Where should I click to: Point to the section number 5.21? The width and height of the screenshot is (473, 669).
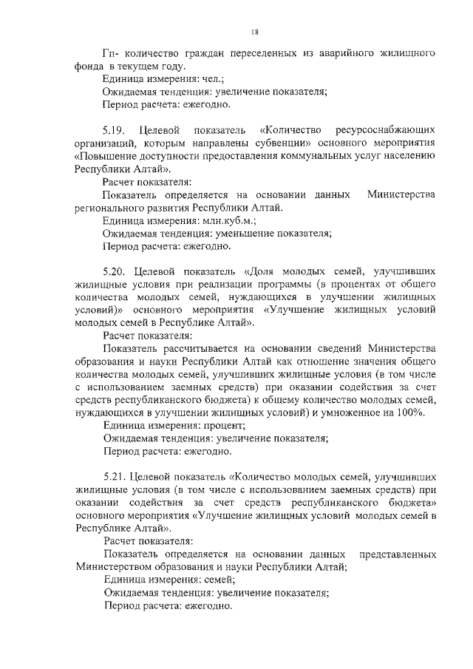coord(114,477)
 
